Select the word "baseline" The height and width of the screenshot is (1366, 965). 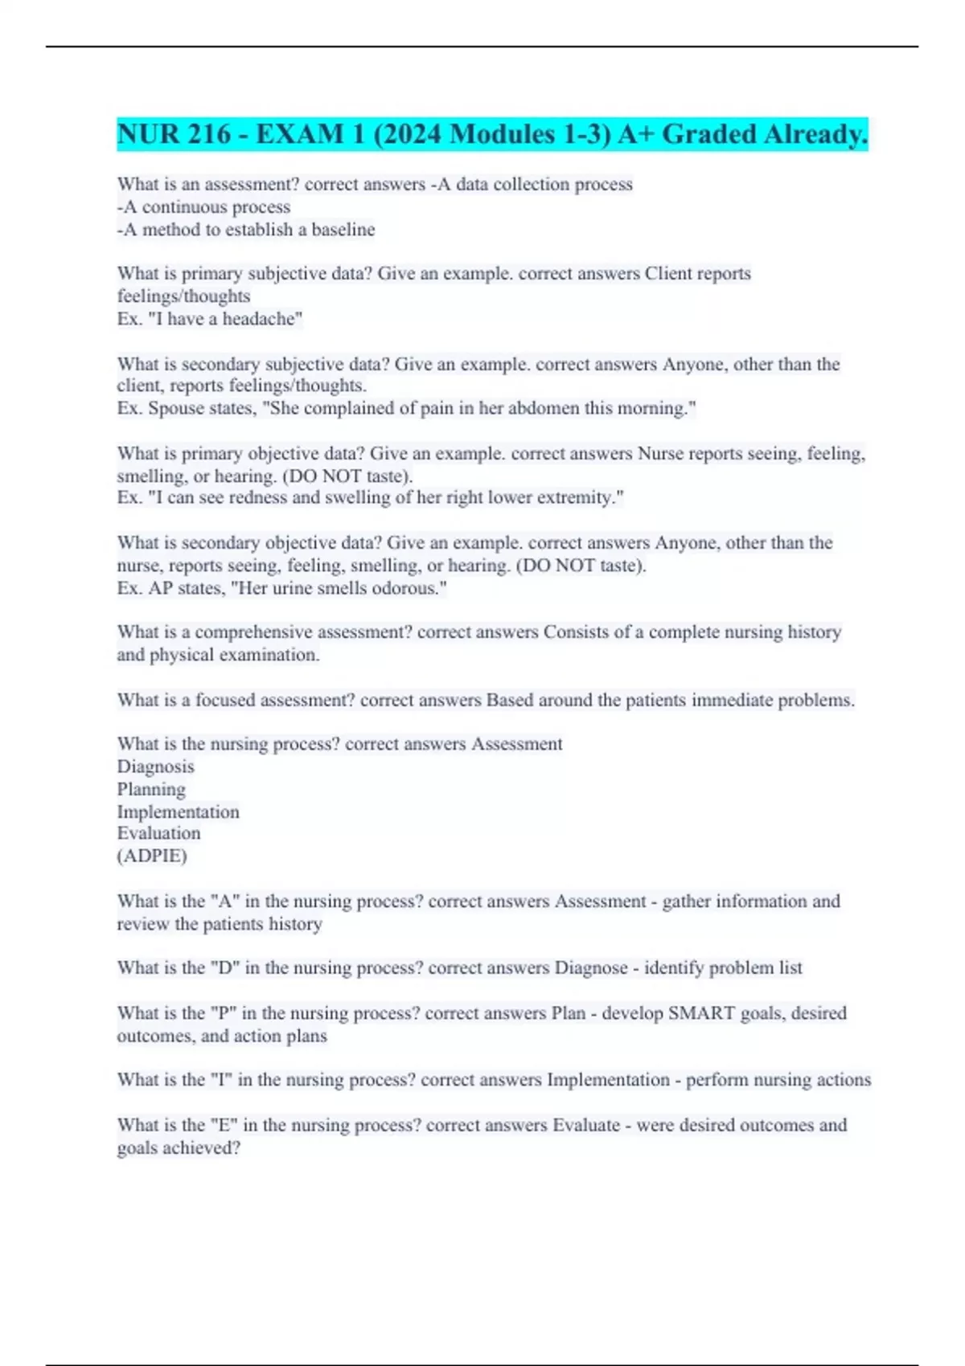(x=343, y=230)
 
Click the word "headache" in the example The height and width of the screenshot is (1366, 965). (x=260, y=319)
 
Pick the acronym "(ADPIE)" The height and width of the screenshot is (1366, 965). (x=152, y=856)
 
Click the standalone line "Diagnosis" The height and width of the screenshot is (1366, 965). (x=155, y=767)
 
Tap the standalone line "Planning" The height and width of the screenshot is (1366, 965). (x=151, y=789)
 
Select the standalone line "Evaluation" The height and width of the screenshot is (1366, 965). (x=158, y=833)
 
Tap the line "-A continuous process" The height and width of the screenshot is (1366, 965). (x=203, y=207)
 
